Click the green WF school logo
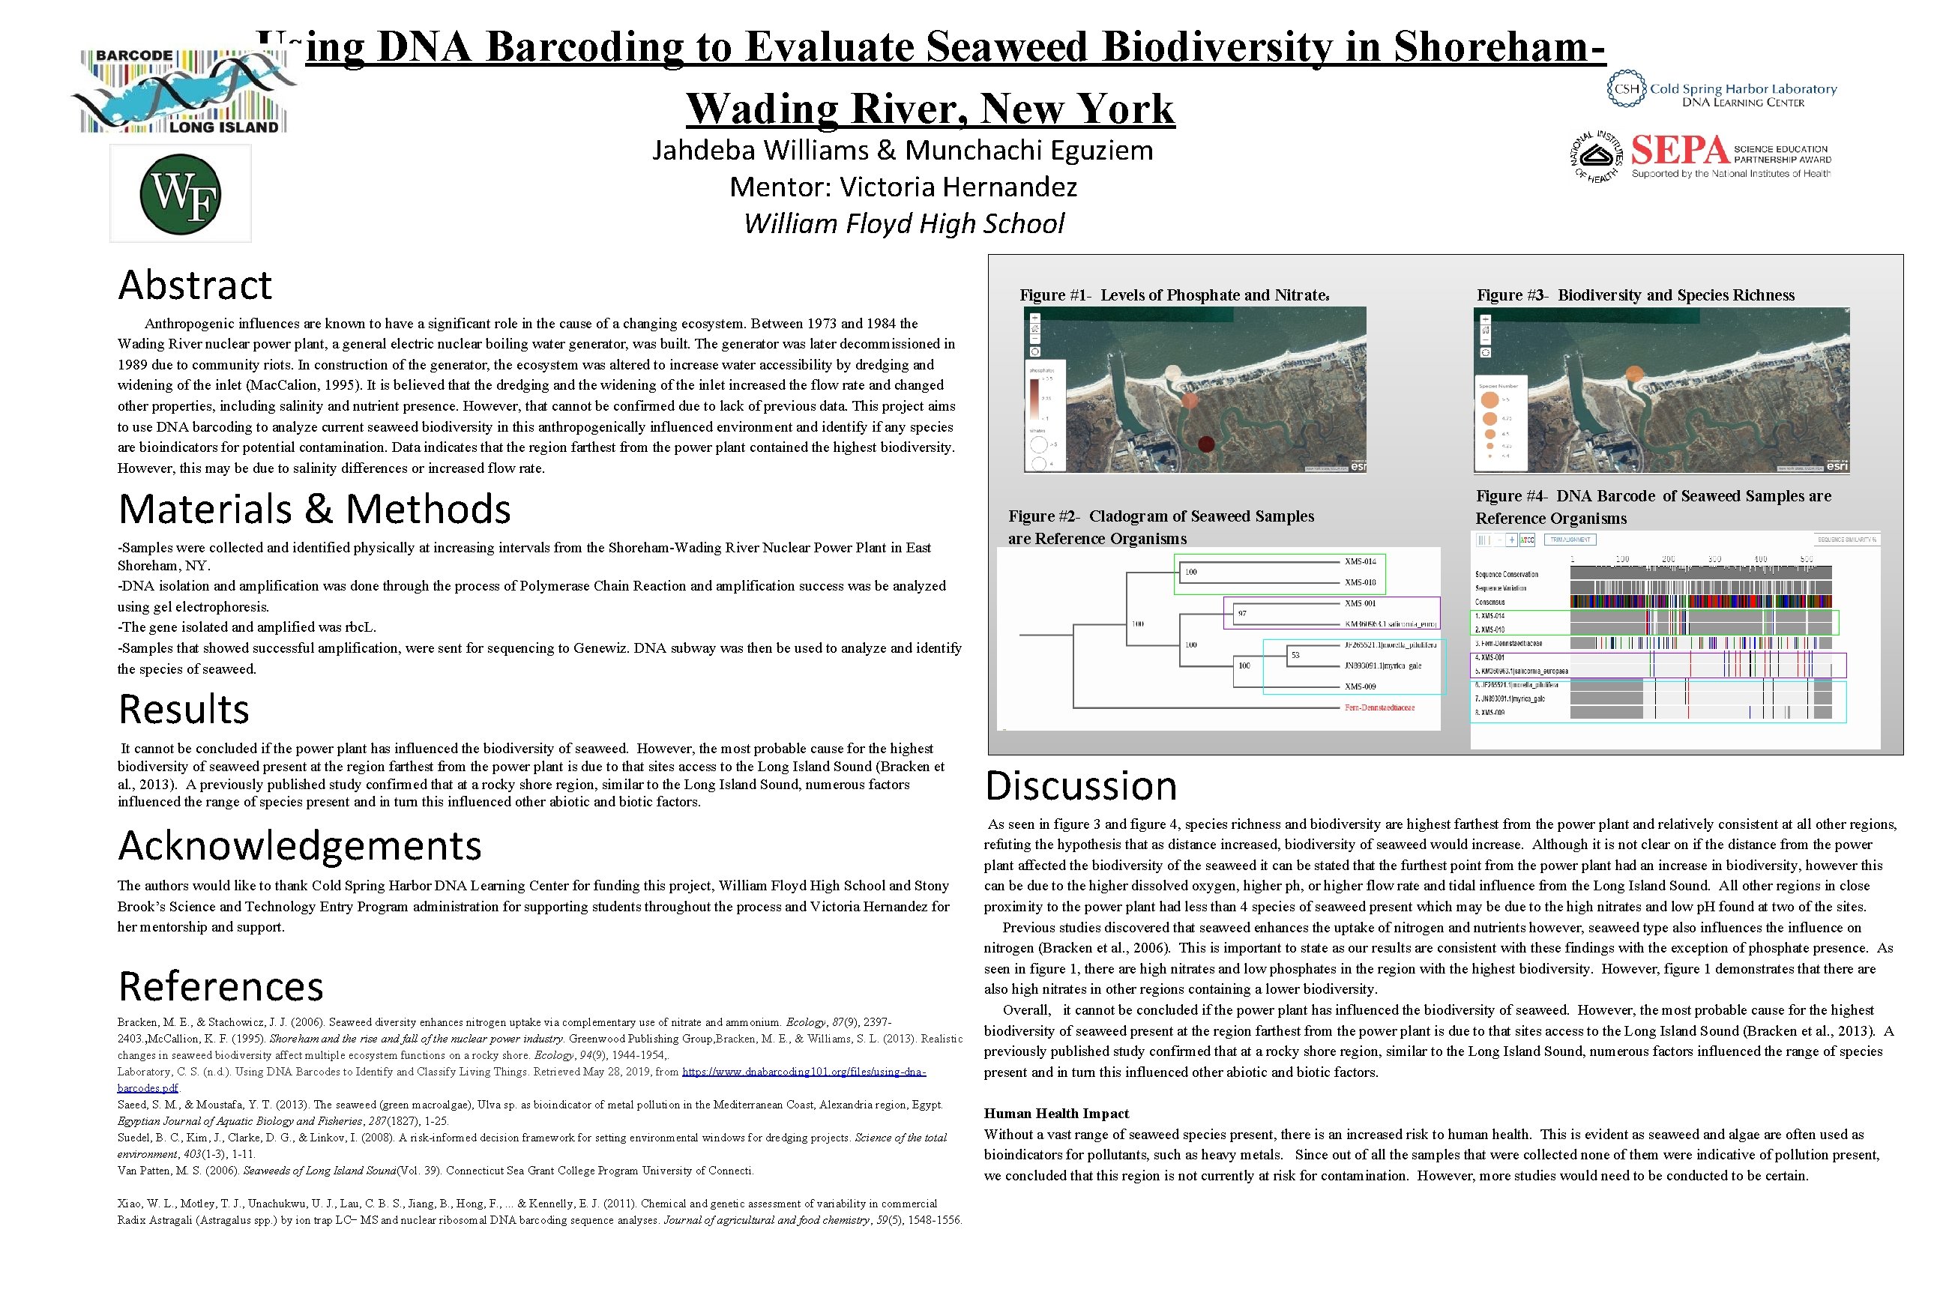pyautogui.click(x=180, y=194)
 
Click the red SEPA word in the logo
pyautogui.click(x=1679, y=152)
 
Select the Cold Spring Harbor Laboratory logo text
pyautogui.click(x=1742, y=89)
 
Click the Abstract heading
pyautogui.click(x=195, y=285)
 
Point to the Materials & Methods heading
pyautogui.click(x=314, y=509)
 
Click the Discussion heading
pyautogui.click(x=1080, y=785)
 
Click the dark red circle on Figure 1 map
pyautogui.click(x=1205, y=444)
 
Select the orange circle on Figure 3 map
pyautogui.click(x=1634, y=374)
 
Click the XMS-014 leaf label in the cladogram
pyautogui.click(x=1360, y=561)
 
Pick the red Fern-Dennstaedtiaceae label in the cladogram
pyautogui.click(x=1379, y=707)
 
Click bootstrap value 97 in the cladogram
pyautogui.click(x=1242, y=614)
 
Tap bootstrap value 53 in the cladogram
pyautogui.click(x=1295, y=655)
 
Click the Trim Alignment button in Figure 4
pyautogui.click(x=1570, y=540)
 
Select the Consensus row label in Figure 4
pyautogui.click(x=1489, y=602)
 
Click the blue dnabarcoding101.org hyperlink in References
pyautogui.click(x=803, y=1072)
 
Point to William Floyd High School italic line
pyautogui.click(x=904, y=224)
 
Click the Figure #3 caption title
pyautogui.click(x=1635, y=295)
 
